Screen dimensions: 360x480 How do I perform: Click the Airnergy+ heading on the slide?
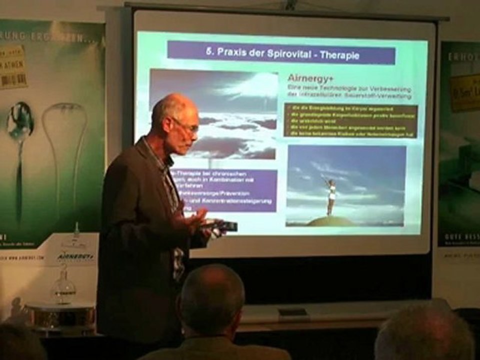[306, 78]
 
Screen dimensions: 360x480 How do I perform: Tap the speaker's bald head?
[172, 106]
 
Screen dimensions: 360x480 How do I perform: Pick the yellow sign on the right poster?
[465, 93]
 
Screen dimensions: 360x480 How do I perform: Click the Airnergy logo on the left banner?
[75, 256]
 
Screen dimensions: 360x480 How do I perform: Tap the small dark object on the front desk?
[292, 312]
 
